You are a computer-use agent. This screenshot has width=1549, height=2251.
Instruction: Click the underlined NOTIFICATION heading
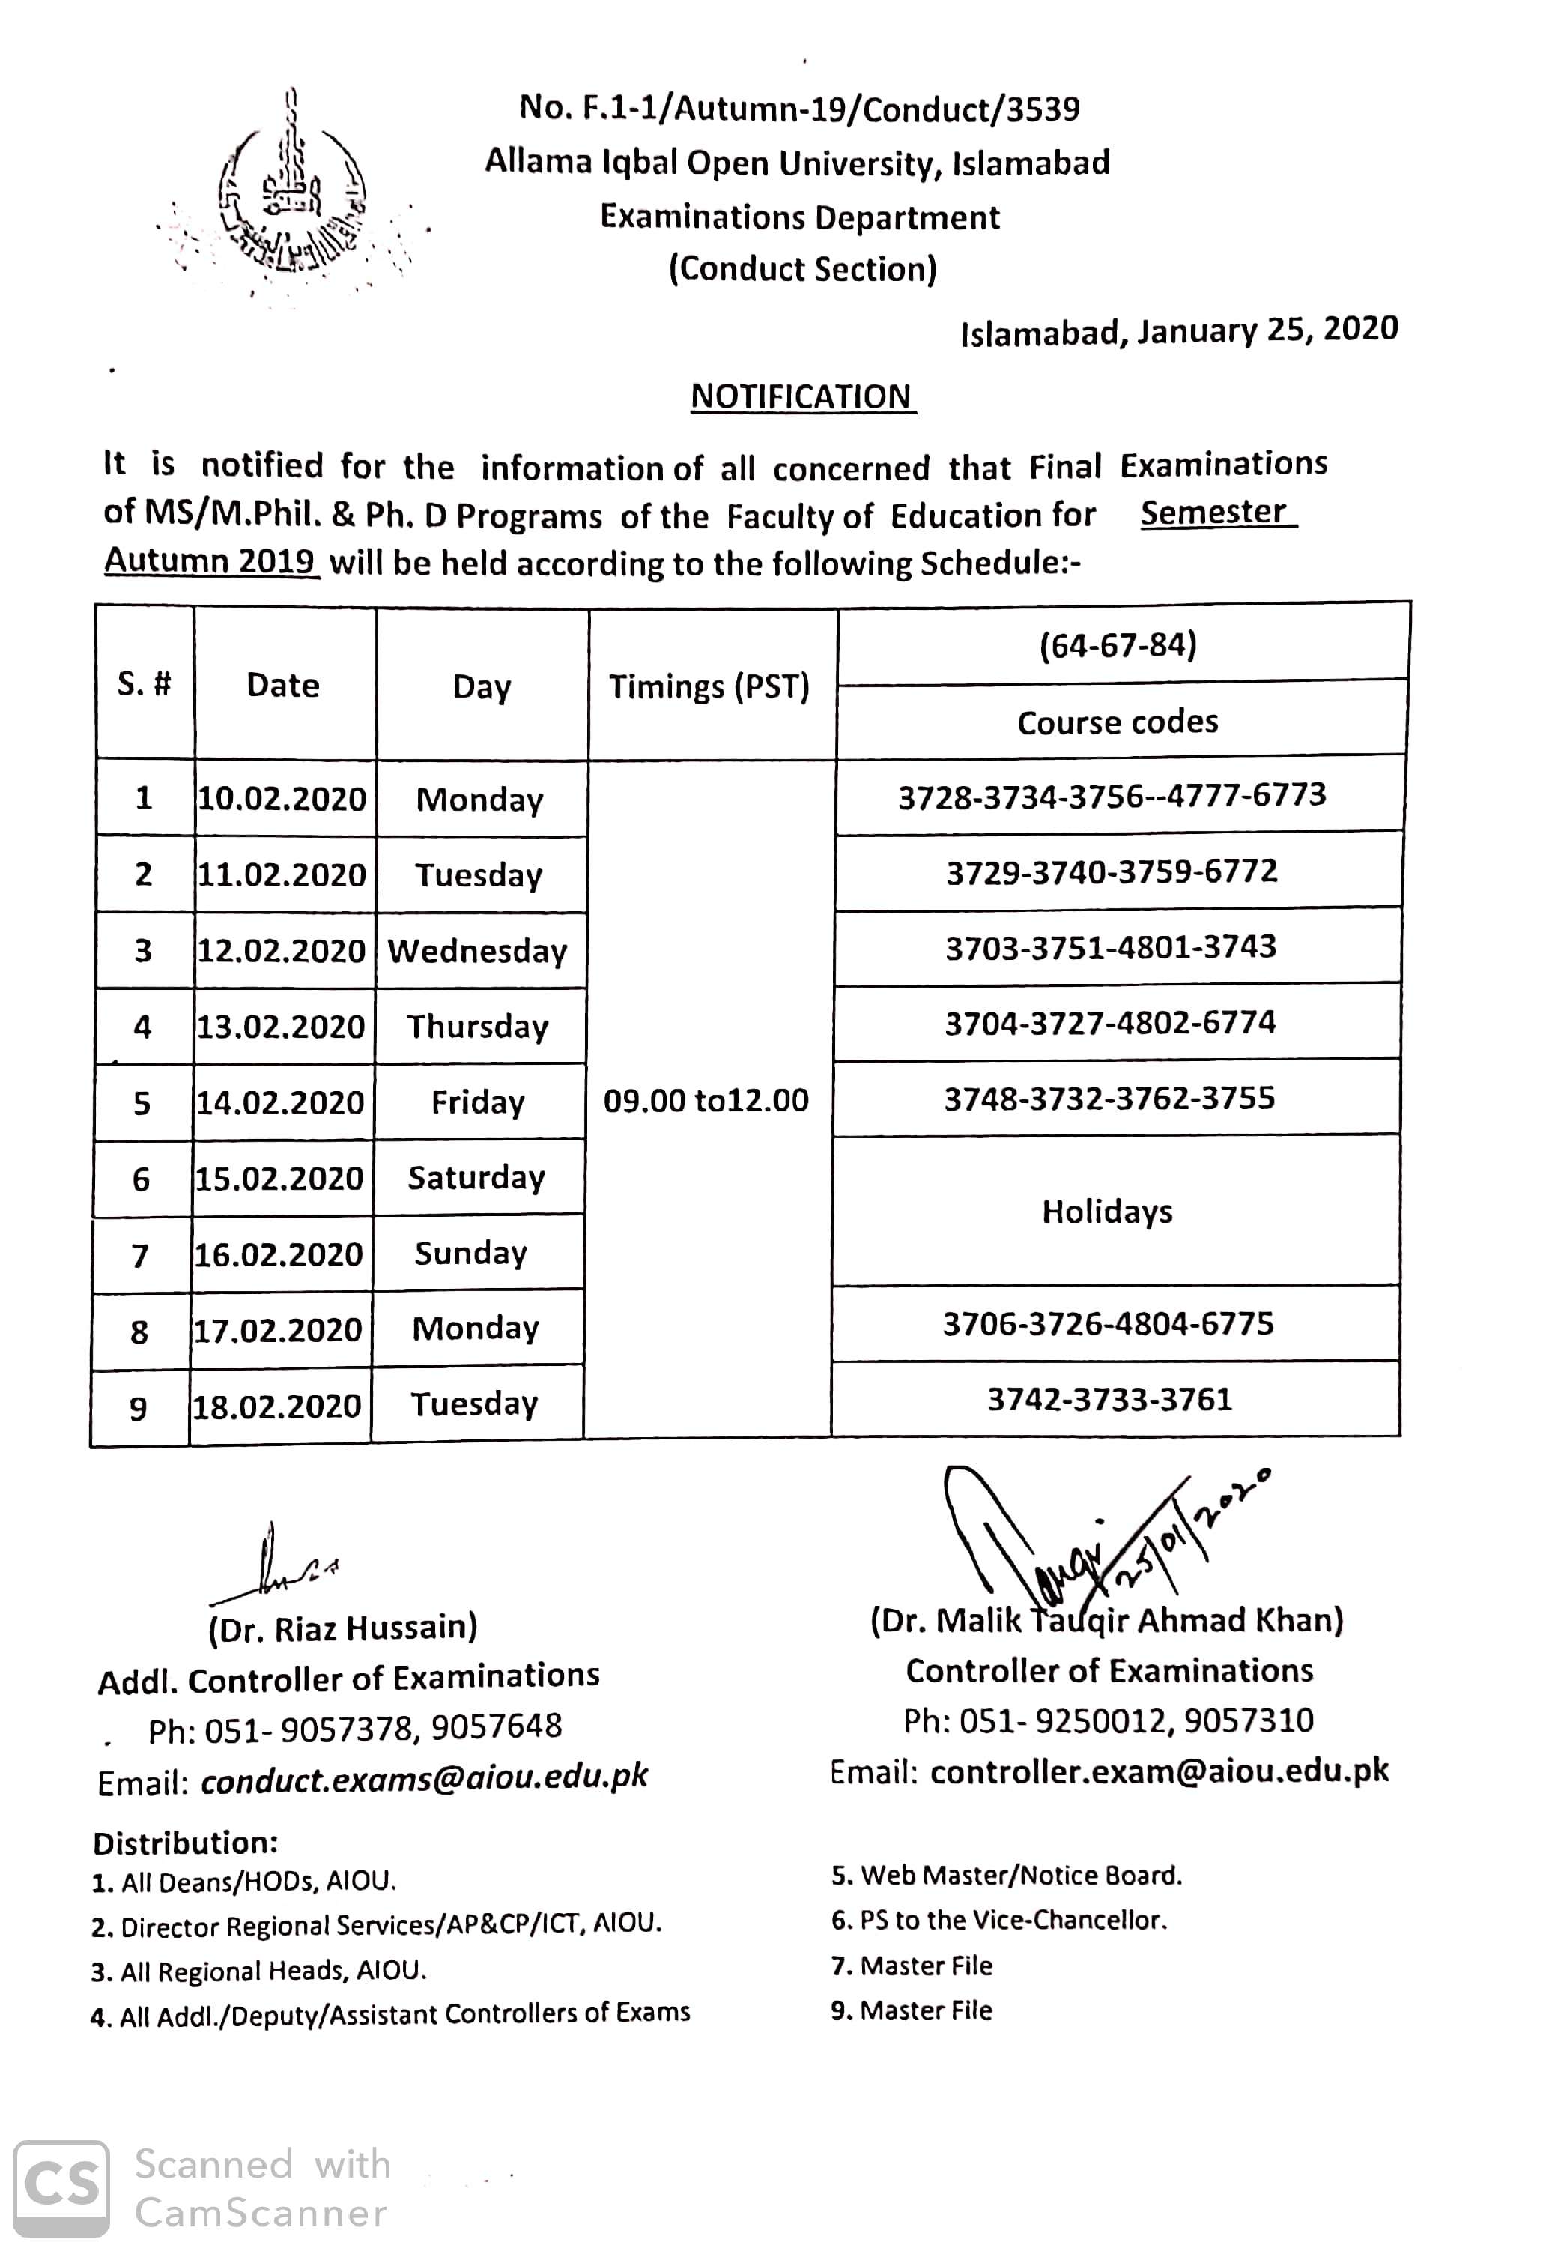pyautogui.click(x=801, y=397)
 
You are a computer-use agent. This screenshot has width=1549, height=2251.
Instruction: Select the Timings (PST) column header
pyautogui.click(x=709, y=687)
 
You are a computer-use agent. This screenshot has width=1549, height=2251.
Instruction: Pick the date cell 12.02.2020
pyautogui.click(x=282, y=950)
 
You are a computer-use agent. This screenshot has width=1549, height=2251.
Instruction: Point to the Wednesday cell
pyautogui.click(x=479, y=950)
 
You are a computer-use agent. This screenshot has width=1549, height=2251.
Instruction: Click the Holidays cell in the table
pyautogui.click(x=1107, y=1212)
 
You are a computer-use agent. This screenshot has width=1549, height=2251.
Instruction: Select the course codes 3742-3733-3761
pyautogui.click(x=1109, y=1399)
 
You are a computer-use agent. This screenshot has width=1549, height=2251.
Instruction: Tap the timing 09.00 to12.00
pyautogui.click(x=706, y=1100)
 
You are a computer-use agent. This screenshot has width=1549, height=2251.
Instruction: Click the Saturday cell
pyautogui.click(x=476, y=1177)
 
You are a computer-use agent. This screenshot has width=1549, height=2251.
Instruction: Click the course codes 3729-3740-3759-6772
pyautogui.click(x=1112, y=871)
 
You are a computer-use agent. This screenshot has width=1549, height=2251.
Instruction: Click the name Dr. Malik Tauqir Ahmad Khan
pyautogui.click(x=1106, y=1620)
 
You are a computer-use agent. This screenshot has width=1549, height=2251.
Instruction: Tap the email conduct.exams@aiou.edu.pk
pyautogui.click(x=424, y=1777)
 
